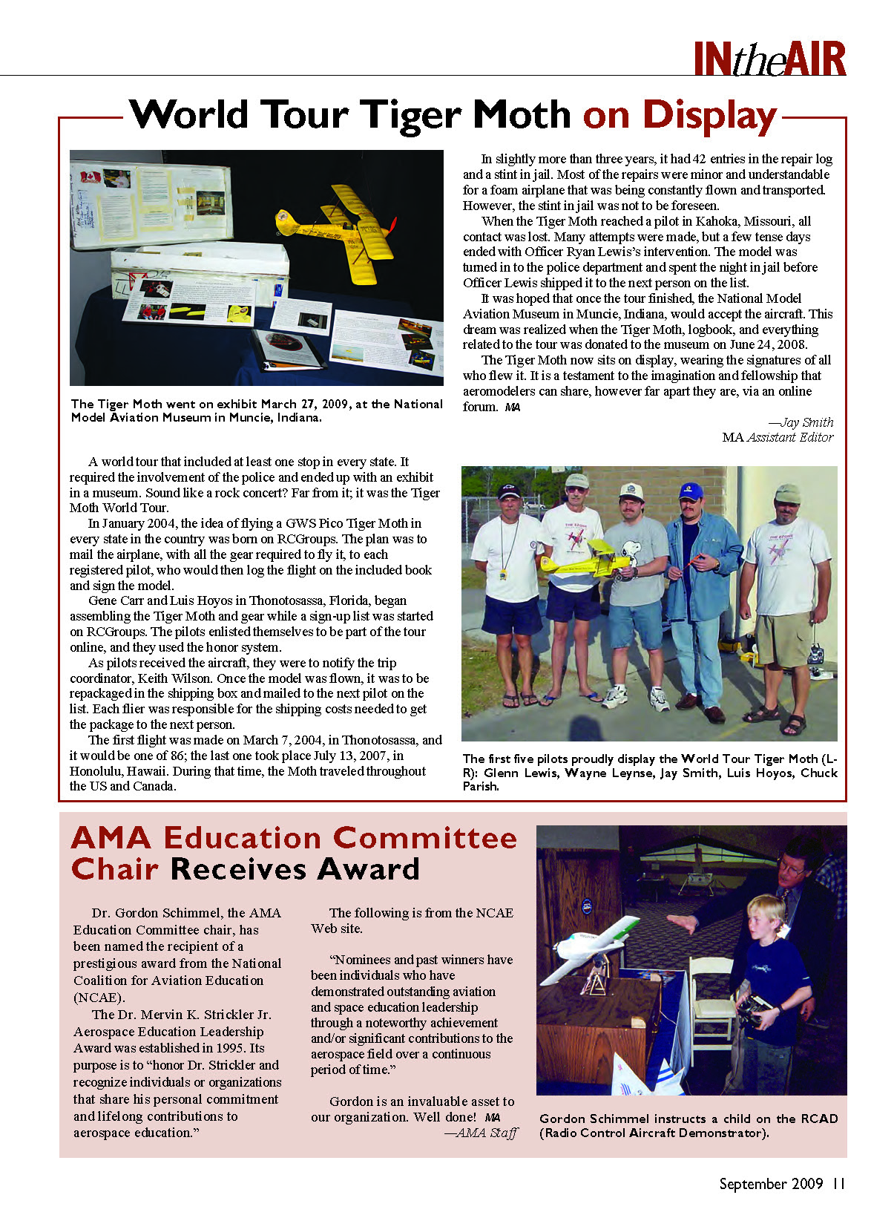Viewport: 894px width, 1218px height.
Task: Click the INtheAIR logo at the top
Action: coord(769,59)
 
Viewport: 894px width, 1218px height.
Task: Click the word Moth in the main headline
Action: coord(522,116)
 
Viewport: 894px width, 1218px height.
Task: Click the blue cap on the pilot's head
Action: coord(691,491)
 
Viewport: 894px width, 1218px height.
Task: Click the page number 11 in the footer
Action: coord(838,1184)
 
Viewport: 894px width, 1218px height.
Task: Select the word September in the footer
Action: coord(751,1184)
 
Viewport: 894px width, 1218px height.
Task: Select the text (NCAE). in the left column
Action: coord(99,998)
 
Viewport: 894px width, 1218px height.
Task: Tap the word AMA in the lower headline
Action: coord(111,838)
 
